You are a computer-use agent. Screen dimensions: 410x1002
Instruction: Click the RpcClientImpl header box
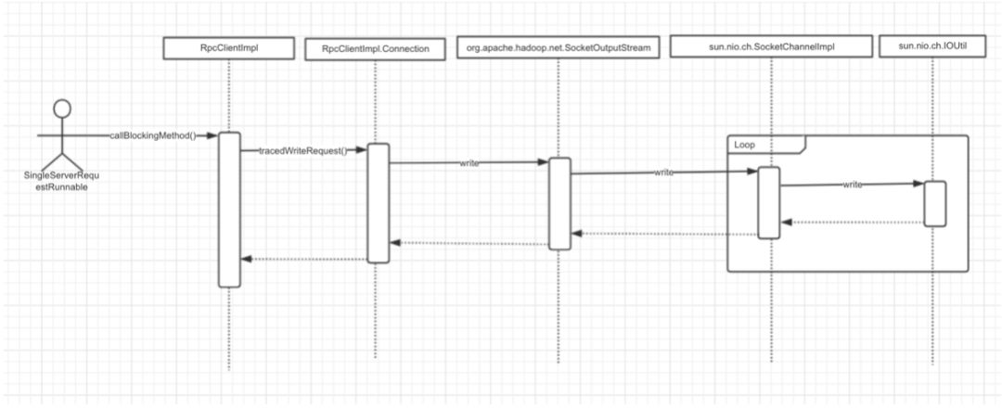point(228,48)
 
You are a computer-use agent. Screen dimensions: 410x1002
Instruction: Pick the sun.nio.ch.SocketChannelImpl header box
point(771,47)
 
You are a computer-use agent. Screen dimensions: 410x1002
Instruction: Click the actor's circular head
point(61,109)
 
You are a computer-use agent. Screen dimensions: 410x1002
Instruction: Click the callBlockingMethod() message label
point(158,135)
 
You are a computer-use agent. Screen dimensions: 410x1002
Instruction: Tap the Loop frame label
point(744,144)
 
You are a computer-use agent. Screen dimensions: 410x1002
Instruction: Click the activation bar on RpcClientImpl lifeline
point(229,210)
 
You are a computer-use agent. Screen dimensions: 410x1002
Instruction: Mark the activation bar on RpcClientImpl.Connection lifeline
point(378,203)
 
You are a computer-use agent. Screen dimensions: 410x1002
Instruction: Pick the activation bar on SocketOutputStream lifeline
point(559,203)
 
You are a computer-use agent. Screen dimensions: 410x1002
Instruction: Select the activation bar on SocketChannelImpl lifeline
point(769,202)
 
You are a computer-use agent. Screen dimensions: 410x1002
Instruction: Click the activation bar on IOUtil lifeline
point(934,203)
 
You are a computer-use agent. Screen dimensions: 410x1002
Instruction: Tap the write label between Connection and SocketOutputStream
point(469,163)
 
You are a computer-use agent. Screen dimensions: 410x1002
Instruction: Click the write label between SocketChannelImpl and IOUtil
point(854,185)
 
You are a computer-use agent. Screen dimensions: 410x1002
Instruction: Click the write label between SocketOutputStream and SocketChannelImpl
point(664,173)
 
